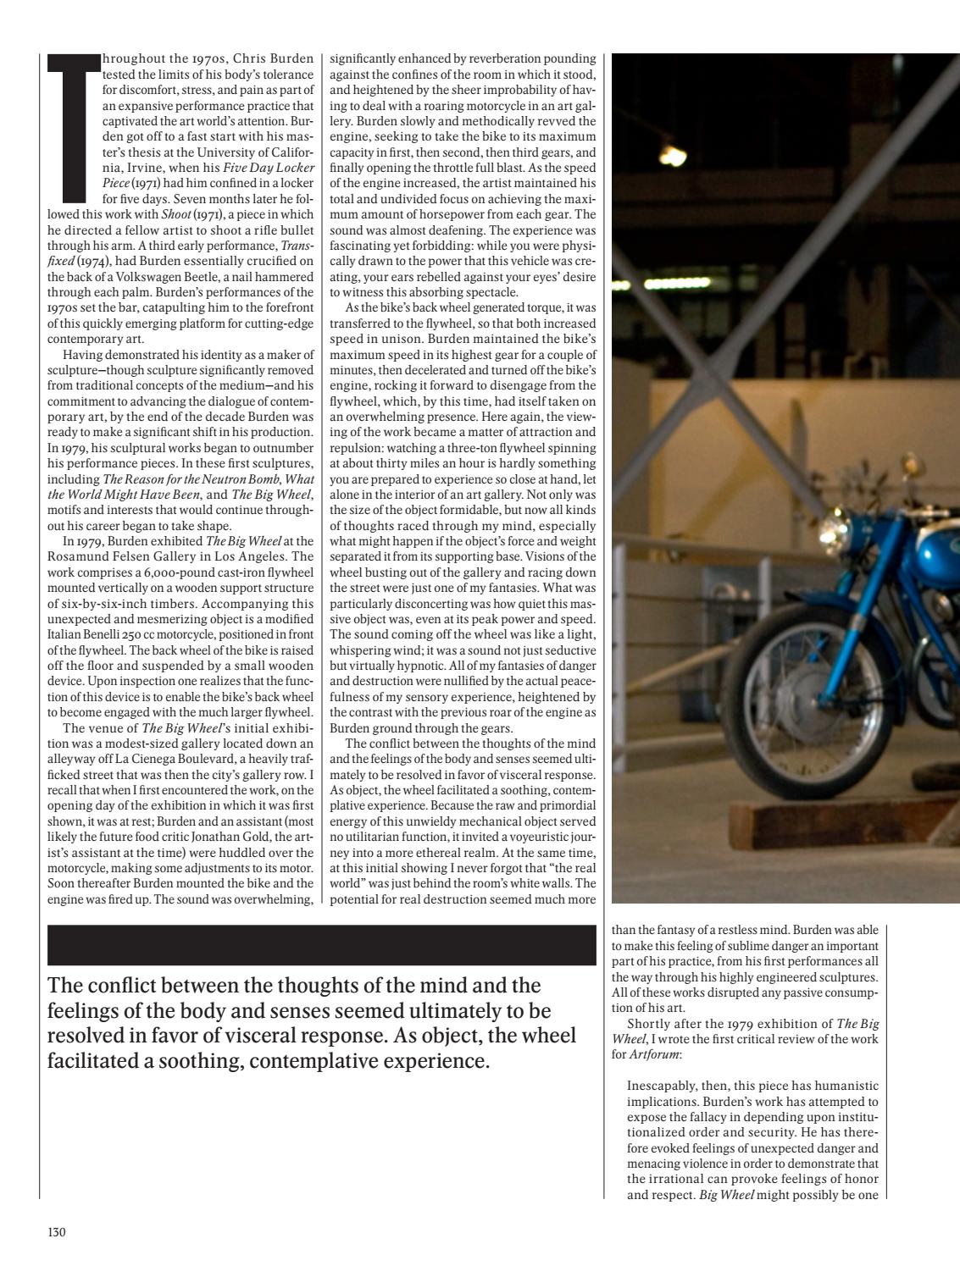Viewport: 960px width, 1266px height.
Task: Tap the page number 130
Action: pyautogui.click(x=57, y=1231)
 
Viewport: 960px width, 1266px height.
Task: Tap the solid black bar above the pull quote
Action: pyautogui.click(x=322, y=945)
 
